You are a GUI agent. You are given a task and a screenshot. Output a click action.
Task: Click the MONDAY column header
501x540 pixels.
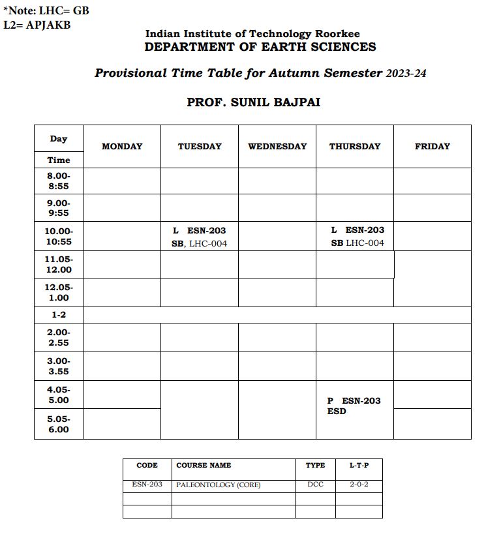pyautogui.click(x=122, y=147)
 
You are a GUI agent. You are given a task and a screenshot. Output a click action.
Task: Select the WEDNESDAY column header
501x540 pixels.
pyautogui.click(x=277, y=147)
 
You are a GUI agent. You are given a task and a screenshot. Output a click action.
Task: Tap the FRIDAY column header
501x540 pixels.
pyautogui.click(x=433, y=147)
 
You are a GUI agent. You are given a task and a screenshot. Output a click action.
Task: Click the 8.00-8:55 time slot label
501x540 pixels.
pyautogui.click(x=59, y=181)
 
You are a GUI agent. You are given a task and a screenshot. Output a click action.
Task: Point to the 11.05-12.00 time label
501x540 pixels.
pyautogui.click(x=59, y=264)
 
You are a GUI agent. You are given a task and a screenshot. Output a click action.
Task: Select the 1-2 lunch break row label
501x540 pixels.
pyautogui.click(x=59, y=315)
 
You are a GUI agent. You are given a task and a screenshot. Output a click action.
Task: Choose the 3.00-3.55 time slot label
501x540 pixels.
pyautogui.click(x=59, y=366)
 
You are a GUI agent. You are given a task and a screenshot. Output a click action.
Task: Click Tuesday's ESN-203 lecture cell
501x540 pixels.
pyautogui.click(x=200, y=237)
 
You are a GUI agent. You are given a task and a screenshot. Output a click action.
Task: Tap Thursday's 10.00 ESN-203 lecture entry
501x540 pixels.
pyautogui.click(x=357, y=236)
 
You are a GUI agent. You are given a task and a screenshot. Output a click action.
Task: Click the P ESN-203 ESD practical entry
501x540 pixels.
pyautogui.click(x=354, y=406)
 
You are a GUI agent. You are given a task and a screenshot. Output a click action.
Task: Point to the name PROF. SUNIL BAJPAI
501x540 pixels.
pyautogui.click(x=254, y=103)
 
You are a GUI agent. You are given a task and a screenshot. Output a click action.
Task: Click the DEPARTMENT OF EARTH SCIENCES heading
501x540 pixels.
pyautogui.click(x=260, y=47)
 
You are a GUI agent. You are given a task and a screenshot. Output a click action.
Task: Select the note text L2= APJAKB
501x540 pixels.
pyautogui.click(x=37, y=25)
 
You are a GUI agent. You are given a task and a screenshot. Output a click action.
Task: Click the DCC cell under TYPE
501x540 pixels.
pyautogui.click(x=315, y=485)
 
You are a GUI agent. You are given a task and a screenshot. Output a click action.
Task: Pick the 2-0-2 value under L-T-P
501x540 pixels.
pyautogui.click(x=359, y=485)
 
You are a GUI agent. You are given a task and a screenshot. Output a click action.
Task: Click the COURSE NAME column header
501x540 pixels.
pyautogui.click(x=204, y=466)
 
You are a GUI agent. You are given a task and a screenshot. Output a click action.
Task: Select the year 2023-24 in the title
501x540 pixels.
pyautogui.click(x=406, y=74)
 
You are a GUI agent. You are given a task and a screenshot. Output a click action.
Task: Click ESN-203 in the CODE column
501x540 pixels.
pyautogui.click(x=147, y=485)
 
